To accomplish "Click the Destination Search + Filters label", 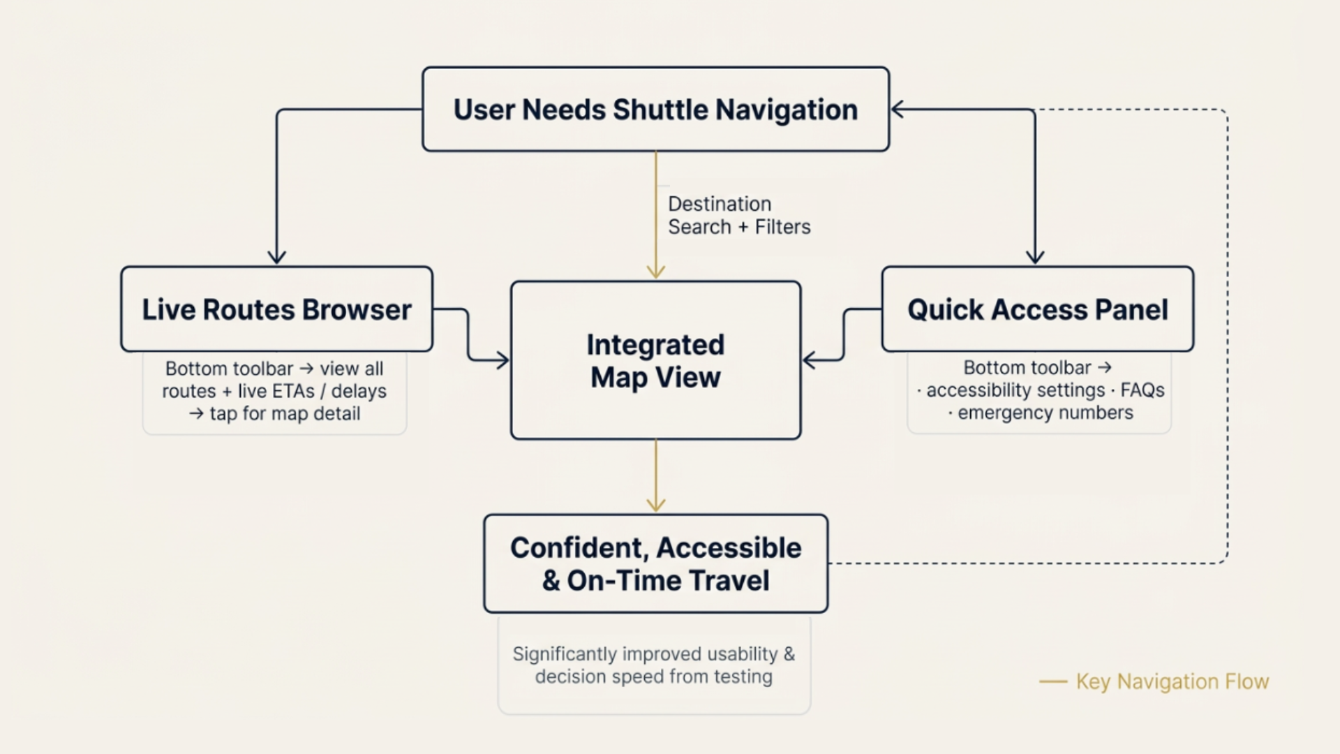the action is click(x=739, y=215).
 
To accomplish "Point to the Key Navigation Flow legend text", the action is click(x=1172, y=681).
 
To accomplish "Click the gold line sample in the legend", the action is click(x=1053, y=682).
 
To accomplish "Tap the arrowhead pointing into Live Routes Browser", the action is click(x=277, y=256).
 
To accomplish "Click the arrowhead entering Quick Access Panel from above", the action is click(x=1035, y=256).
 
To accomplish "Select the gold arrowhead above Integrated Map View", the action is click(x=655, y=271).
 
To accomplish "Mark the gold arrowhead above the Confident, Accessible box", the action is click(x=655, y=504).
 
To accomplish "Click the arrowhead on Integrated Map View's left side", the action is click(x=502, y=360).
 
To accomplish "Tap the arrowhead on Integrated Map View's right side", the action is click(x=810, y=360).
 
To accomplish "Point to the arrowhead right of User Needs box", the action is click(x=899, y=109).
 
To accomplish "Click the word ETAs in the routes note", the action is click(x=288, y=391).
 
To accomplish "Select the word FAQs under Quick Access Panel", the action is click(x=1142, y=390).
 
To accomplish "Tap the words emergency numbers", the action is click(x=1045, y=413).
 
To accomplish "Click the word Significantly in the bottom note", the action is click(x=564, y=654).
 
